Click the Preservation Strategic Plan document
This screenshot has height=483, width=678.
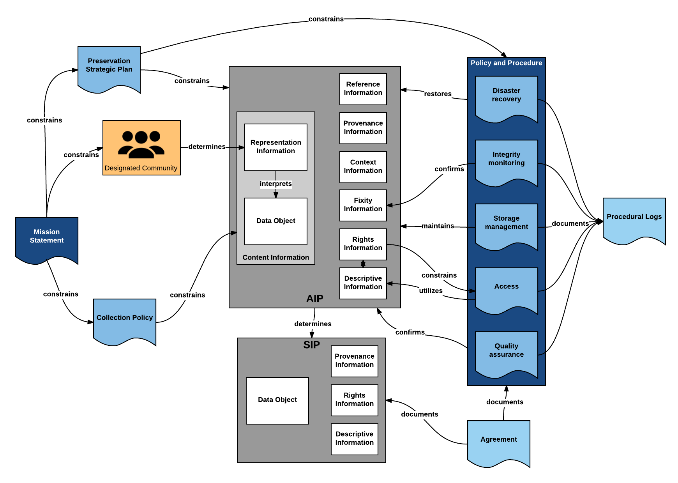pyautogui.click(x=109, y=67)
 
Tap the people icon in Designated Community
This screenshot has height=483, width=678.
pyautogui.click(x=141, y=144)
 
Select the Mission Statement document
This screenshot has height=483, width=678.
pyautogui.click(x=47, y=238)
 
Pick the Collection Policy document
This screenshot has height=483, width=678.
pyautogui.click(x=125, y=320)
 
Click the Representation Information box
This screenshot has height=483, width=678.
pyautogui.click(x=276, y=147)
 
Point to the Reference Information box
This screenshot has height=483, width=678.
pyautogui.click(x=363, y=89)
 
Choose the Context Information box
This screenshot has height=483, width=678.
pyautogui.click(x=363, y=167)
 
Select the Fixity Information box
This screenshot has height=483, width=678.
pyautogui.click(x=363, y=205)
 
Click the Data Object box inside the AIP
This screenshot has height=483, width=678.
pyautogui.click(x=276, y=221)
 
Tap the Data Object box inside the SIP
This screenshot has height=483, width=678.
pyautogui.click(x=277, y=400)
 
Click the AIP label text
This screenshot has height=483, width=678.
pyautogui.click(x=315, y=299)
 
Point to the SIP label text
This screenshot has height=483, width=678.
pyautogui.click(x=312, y=345)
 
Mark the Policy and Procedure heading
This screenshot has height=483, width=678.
pyautogui.click(x=507, y=63)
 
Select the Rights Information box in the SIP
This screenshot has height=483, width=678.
pyautogui.click(x=355, y=400)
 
